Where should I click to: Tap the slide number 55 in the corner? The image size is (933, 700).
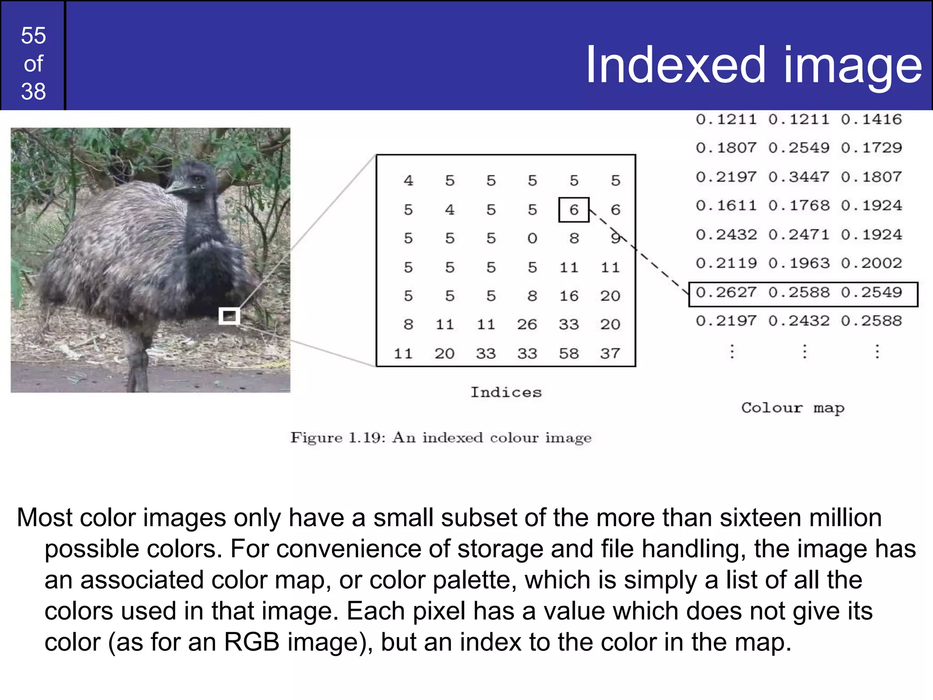tap(33, 36)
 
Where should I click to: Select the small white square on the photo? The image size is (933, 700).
tap(229, 316)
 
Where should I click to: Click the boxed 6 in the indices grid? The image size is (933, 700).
tap(574, 210)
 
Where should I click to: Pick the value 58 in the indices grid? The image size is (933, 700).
tap(569, 354)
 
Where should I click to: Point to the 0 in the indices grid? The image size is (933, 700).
tap(532, 238)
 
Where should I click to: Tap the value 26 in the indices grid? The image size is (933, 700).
tap(527, 324)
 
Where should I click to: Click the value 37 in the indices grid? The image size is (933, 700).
tap(610, 354)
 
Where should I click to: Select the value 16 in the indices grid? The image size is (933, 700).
tap(569, 296)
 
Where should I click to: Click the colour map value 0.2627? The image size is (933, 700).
tap(726, 293)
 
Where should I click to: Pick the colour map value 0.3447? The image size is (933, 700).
tap(799, 177)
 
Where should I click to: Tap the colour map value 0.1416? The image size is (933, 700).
tap(871, 119)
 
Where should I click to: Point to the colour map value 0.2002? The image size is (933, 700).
tap(871, 263)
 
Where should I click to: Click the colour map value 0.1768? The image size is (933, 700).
tap(799, 206)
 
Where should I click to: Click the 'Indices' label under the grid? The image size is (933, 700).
tap(506, 392)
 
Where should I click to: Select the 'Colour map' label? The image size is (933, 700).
tap(793, 408)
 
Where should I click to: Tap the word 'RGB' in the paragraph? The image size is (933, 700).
tap(251, 642)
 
